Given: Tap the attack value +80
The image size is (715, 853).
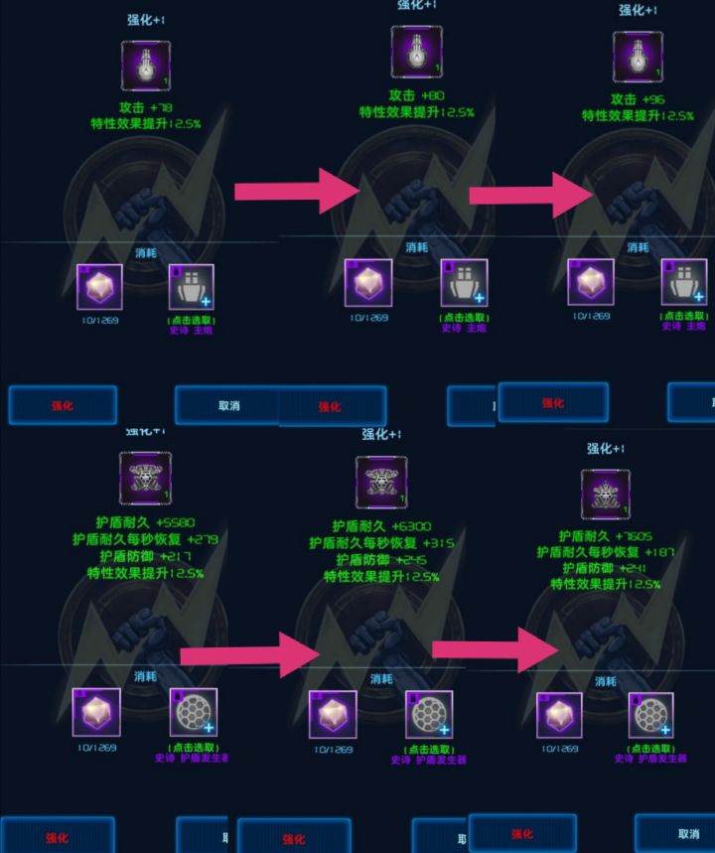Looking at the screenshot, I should coord(431,96).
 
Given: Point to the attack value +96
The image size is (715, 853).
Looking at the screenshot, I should coord(652,99).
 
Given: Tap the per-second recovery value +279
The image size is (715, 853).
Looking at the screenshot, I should coord(201,539).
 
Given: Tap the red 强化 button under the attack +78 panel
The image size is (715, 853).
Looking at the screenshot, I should coord(63,405).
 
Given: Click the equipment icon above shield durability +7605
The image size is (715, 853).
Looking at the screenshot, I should coord(605,495).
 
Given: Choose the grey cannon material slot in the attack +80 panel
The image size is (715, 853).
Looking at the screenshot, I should coord(464,283).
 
